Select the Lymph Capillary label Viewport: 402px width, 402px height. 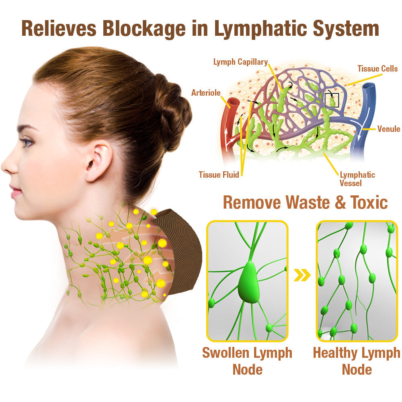pos(240,62)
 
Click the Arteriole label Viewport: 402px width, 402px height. pos(206,93)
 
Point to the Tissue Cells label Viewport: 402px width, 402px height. pos(377,69)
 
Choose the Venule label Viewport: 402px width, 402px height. pos(388,129)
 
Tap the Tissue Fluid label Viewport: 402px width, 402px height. pos(219,174)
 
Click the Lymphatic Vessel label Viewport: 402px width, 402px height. pos(357,179)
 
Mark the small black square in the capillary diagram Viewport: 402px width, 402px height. pos(332,100)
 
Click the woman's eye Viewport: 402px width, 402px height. pos(27,142)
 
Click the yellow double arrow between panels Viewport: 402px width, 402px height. pos(302,275)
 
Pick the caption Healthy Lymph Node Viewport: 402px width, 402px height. pos(357,361)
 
